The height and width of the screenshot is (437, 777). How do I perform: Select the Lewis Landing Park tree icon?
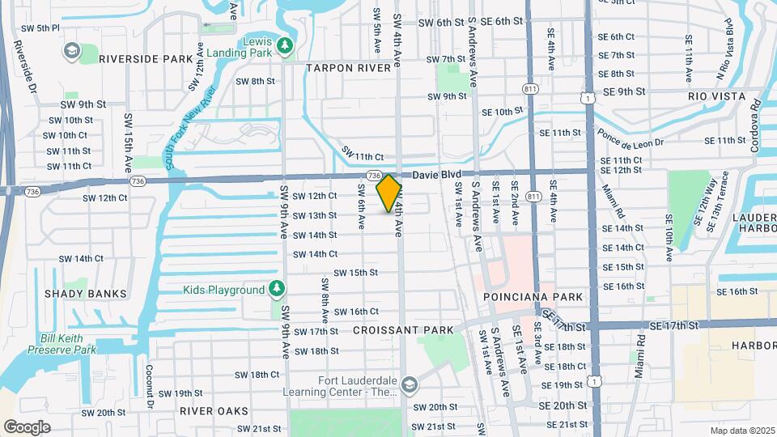click(284, 47)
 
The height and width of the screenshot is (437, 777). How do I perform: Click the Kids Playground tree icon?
click(277, 289)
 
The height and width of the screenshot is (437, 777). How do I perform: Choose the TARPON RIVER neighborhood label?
click(349, 69)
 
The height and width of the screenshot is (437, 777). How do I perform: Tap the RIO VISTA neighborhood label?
click(715, 96)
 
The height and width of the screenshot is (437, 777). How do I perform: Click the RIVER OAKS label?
click(213, 411)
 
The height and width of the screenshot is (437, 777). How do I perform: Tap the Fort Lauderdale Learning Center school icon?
click(410, 384)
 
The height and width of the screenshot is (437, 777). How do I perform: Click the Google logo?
click(27, 426)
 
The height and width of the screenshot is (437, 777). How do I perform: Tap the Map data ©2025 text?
click(741, 431)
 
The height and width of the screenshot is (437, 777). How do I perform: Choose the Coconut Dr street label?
click(150, 385)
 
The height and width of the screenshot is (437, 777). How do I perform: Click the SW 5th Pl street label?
click(40, 28)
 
